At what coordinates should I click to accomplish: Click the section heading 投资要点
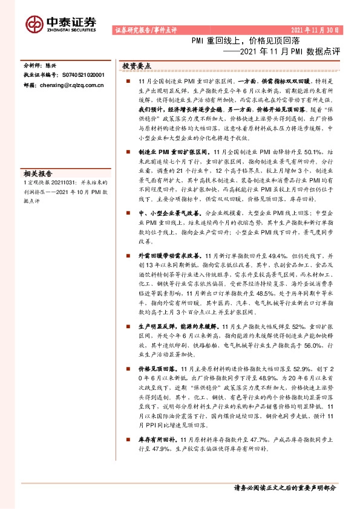(136, 65)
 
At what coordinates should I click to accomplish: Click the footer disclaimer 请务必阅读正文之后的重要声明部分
(284, 487)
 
